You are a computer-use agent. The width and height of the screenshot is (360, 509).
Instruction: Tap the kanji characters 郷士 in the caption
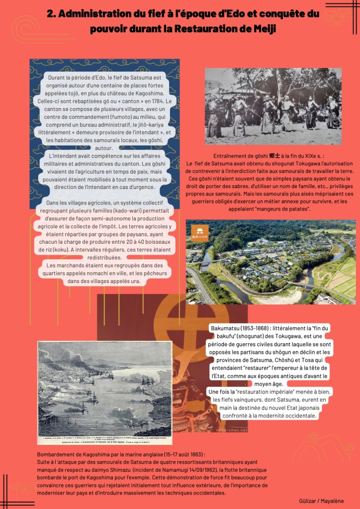273,156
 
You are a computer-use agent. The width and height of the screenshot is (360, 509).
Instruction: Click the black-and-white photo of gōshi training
273,106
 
